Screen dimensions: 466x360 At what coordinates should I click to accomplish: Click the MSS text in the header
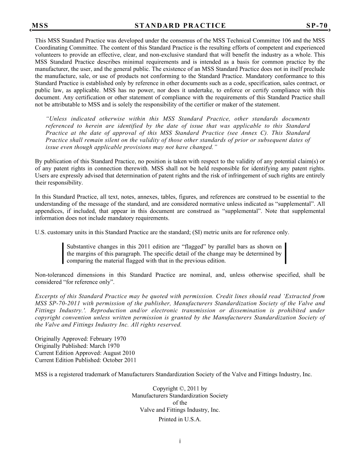[40, 26]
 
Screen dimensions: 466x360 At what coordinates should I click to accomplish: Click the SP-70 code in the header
[317, 26]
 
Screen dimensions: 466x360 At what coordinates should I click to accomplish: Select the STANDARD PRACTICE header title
[180, 26]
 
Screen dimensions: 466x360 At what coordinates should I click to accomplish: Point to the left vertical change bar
[63, 253]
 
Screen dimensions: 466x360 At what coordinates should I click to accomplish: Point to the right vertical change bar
[285, 253]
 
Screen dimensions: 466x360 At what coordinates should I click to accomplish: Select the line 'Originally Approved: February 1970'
[80, 339]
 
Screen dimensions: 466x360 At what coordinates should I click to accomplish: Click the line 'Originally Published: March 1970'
[77, 346]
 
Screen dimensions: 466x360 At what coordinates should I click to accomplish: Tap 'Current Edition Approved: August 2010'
[85, 353]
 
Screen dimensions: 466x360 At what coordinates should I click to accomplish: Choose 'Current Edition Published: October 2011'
[85, 360]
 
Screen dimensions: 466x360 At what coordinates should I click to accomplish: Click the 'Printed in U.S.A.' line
[180, 419]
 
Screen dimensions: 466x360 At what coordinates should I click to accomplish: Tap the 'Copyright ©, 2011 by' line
[180, 389]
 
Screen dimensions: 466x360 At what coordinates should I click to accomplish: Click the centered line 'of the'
[180, 403]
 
